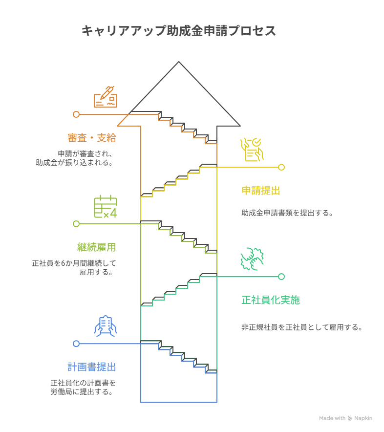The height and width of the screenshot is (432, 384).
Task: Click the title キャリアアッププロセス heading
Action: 178,31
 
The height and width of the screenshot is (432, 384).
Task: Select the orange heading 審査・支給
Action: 92,138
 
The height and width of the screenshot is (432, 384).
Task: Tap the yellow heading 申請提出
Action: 261,191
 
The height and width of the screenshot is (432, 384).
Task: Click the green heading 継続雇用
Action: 97,247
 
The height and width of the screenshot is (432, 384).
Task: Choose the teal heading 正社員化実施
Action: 271,300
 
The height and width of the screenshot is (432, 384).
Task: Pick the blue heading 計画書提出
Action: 92,367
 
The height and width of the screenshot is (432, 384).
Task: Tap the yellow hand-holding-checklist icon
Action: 252,150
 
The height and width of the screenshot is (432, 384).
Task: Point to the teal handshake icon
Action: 252,259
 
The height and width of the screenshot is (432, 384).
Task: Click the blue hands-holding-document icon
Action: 106,326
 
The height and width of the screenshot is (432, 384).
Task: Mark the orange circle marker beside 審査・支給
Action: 76,114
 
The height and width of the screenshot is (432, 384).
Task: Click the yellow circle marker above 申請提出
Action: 281,167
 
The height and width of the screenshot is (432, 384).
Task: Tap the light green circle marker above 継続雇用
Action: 76,224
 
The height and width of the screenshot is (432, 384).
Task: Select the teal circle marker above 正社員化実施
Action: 281,277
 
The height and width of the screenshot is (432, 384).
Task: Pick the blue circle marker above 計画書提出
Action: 76,344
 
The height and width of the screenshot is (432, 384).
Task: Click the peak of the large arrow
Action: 179,62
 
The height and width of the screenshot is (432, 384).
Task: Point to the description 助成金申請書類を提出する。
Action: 287,213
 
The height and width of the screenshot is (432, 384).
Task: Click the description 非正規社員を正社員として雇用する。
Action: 302,327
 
